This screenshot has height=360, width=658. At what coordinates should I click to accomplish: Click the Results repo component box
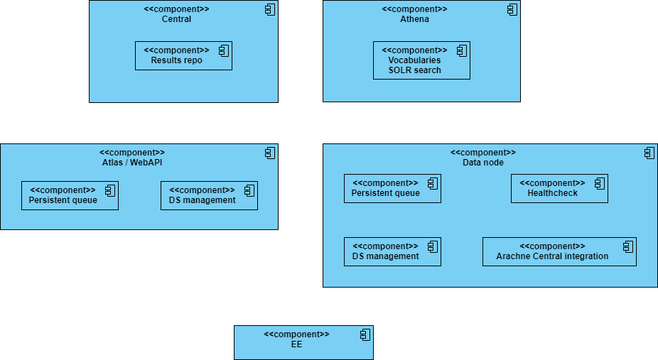coord(183,56)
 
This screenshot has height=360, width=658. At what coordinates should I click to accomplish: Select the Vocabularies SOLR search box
coord(421,60)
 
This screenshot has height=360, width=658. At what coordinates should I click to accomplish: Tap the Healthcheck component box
coord(559,189)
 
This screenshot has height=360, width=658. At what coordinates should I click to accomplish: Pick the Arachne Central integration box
coord(559,252)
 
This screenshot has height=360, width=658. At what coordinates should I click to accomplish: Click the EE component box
coord(303,343)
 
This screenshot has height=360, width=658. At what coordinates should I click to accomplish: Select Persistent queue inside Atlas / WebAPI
coord(70,196)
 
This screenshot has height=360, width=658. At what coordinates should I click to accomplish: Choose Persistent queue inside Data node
coord(392,189)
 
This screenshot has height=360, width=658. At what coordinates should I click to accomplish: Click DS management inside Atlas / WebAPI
coord(209,196)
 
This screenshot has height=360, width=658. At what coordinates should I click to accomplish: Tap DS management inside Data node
coord(392,252)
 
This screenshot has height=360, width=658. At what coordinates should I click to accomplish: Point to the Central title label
coord(176,19)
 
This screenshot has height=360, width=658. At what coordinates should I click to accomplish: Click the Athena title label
coord(414,19)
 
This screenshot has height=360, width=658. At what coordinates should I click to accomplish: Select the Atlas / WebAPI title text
coord(132,163)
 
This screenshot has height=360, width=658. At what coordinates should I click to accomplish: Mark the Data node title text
coord(483,163)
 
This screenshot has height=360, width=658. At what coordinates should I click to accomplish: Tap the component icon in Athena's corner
coord(512,10)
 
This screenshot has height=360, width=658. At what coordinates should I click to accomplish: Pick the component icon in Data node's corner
coord(649,153)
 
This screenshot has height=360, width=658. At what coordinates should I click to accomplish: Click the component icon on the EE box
coord(365,334)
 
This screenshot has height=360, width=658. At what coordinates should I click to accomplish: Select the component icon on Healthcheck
coord(599,183)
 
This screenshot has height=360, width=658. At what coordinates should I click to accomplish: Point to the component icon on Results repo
coord(223,50)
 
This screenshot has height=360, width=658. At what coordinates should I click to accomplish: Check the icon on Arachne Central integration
coord(627,246)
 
